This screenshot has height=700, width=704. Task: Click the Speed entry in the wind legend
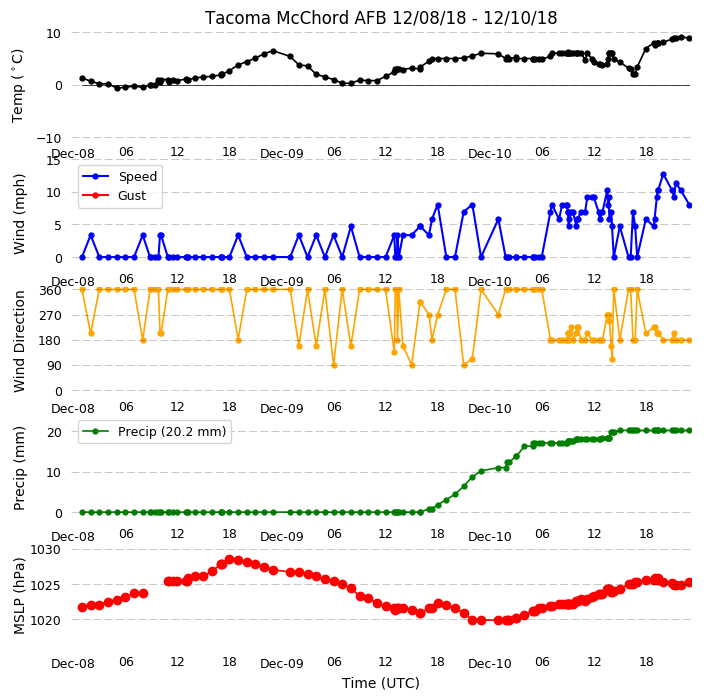click(137, 176)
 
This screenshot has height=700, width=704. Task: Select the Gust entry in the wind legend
click(132, 196)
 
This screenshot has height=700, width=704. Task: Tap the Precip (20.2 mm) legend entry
click(172, 431)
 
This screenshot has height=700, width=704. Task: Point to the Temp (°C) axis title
click(17, 86)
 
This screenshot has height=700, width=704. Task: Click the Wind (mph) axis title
click(19, 214)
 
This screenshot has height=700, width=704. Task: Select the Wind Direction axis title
click(19, 342)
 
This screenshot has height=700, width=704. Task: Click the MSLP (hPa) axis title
click(19, 596)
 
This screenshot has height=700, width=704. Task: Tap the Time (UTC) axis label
click(381, 683)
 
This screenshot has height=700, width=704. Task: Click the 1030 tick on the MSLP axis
click(45, 550)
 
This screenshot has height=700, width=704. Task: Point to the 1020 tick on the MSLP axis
click(45, 620)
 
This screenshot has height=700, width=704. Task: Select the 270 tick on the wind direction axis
click(50, 316)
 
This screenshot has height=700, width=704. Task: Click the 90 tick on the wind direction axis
click(54, 366)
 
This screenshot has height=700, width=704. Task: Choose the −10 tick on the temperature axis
click(48, 138)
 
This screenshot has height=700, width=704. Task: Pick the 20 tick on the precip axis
click(54, 432)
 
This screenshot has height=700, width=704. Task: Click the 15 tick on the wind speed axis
click(54, 160)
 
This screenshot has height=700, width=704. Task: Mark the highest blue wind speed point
click(663, 175)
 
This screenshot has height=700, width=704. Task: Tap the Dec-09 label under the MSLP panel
click(282, 664)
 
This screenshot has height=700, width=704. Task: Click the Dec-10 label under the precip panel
click(489, 537)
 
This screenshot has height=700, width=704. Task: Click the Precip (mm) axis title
click(19, 468)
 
